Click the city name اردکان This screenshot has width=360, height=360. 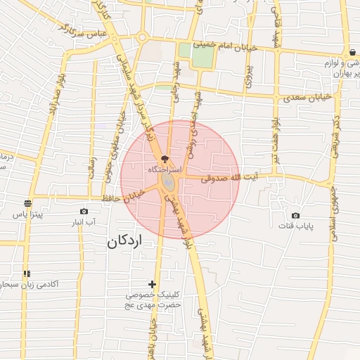click(124, 240)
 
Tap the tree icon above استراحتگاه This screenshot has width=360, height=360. click(165, 159)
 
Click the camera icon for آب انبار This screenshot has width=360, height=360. click(84, 211)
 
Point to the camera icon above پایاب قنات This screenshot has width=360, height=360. click(295, 215)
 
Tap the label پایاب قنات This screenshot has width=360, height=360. click(304, 226)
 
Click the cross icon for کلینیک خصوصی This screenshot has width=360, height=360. click(153, 284)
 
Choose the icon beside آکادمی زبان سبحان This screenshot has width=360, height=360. click(27, 274)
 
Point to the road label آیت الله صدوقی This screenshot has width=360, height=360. click(230, 179)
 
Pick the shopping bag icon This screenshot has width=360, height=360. click(352, 52)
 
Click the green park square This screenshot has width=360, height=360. click(195, 55)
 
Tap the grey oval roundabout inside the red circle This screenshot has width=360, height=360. click(170, 182)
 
